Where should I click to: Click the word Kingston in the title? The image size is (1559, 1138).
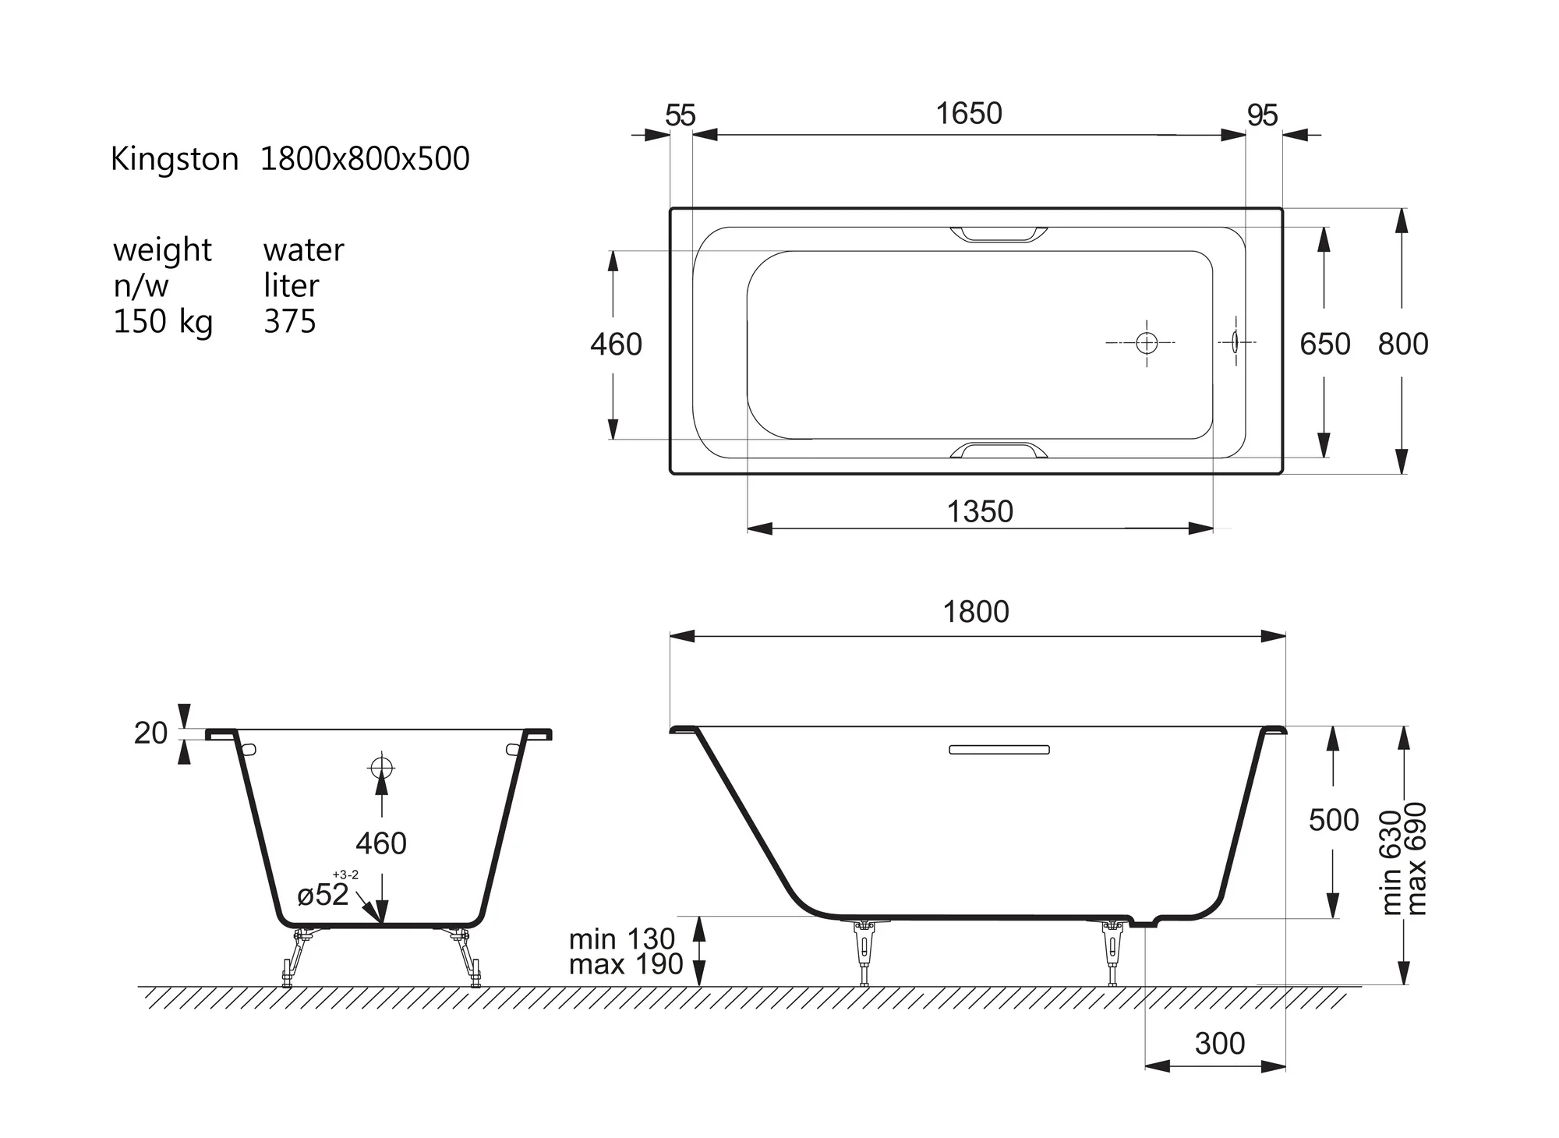(x=175, y=160)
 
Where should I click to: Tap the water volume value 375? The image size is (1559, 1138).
(x=290, y=321)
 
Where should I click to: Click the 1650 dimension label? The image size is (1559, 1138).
(x=969, y=114)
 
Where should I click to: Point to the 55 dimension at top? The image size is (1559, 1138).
(x=680, y=115)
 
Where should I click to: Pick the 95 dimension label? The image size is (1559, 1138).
(x=1263, y=115)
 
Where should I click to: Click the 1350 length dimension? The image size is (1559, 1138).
(x=980, y=512)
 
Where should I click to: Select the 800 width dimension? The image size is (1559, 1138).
(x=1403, y=344)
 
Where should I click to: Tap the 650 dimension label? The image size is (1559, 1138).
(x=1325, y=344)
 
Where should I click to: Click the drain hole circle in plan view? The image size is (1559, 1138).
(x=1147, y=342)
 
